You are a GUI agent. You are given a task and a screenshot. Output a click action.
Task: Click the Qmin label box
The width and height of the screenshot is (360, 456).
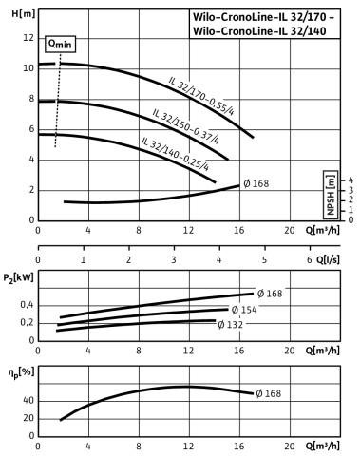(x=60, y=44)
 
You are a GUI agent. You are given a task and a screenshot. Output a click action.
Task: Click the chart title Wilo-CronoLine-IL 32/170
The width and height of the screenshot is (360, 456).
(x=259, y=17)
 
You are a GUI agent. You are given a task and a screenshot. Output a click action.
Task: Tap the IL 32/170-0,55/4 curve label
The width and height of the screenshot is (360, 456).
(x=201, y=96)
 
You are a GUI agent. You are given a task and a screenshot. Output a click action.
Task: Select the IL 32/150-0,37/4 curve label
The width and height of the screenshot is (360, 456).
(x=185, y=126)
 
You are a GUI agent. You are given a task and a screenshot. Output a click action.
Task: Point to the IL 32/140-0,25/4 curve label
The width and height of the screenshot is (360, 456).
(x=175, y=154)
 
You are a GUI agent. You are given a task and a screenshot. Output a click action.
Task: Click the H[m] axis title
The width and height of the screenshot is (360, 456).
(x=24, y=14)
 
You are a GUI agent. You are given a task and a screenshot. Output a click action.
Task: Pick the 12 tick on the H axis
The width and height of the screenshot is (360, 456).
(x=28, y=38)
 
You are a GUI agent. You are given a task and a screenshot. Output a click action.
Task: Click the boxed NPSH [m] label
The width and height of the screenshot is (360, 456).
(x=331, y=195)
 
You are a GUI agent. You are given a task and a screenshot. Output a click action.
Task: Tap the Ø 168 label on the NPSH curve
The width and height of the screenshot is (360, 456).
(x=256, y=183)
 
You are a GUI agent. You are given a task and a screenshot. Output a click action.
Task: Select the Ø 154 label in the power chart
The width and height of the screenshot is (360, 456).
(x=244, y=310)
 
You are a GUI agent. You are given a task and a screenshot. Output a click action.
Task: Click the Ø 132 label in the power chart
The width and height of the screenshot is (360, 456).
(x=230, y=325)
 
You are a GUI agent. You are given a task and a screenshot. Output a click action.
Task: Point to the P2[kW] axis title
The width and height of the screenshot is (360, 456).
(x=19, y=278)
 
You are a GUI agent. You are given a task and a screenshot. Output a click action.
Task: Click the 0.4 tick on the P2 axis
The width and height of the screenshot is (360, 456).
(x=27, y=305)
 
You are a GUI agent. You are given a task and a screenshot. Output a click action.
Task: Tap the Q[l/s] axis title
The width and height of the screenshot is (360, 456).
(x=328, y=260)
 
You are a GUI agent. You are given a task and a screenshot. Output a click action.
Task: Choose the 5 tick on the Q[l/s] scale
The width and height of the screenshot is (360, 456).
(x=264, y=260)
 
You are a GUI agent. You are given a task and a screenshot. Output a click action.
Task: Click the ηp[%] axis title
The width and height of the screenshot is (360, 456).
(x=21, y=373)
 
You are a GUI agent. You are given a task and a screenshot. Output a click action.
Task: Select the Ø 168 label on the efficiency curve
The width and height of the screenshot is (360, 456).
(x=268, y=393)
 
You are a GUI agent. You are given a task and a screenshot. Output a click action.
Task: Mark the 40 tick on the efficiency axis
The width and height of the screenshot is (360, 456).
(x=28, y=401)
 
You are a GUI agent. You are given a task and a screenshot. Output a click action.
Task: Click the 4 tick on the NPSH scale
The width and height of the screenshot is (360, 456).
(x=351, y=180)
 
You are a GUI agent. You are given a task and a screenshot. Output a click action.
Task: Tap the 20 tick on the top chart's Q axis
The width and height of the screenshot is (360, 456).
(x=290, y=230)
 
